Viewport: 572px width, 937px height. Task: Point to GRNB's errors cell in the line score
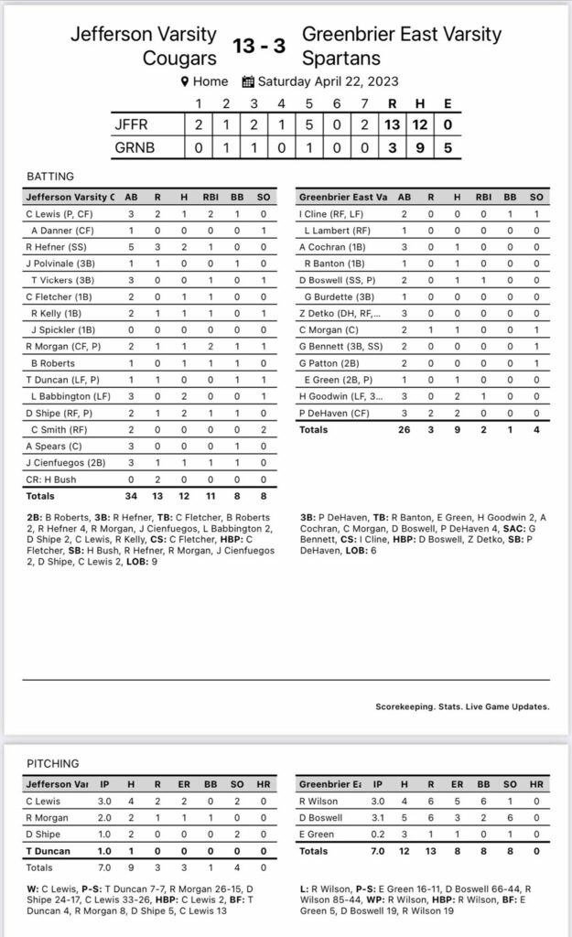[x=448, y=147]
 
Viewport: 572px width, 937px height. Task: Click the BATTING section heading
[x=50, y=177]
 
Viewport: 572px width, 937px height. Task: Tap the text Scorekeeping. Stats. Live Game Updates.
[x=462, y=706]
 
